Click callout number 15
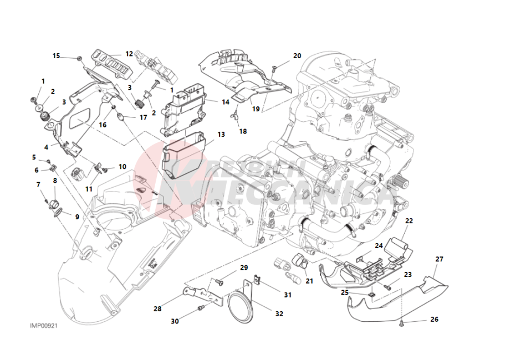point(56,55)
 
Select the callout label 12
point(129,54)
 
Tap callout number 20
point(297,55)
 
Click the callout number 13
point(221,134)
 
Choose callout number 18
point(243,131)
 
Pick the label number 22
point(409,221)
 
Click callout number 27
point(440,259)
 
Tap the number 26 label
point(434,320)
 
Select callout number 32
point(279,313)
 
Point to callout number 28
point(157,308)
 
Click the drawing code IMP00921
point(43,326)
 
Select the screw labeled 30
point(201,306)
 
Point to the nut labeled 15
point(80,57)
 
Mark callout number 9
point(77,217)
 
